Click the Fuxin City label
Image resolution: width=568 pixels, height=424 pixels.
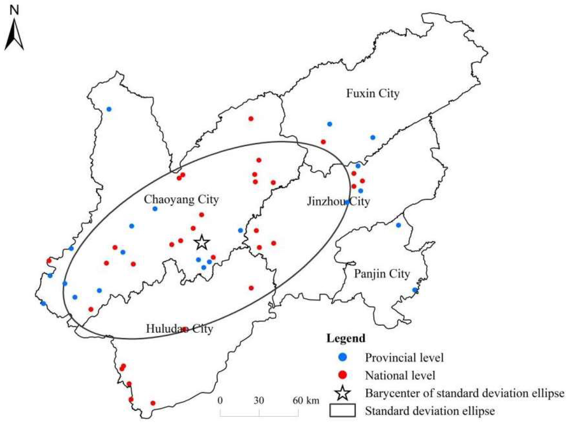click(373, 93)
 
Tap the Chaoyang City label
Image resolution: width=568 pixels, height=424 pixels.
click(181, 199)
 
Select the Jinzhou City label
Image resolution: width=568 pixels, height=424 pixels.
click(338, 202)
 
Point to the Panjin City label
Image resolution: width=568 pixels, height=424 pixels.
click(382, 274)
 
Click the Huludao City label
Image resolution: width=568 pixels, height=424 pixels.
click(179, 329)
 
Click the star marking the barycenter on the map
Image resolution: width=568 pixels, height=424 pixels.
click(202, 242)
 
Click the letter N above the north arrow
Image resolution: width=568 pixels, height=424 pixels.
click(14, 10)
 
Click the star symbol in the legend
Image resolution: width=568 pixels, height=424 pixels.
click(343, 393)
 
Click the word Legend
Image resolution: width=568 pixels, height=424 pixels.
click(346, 338)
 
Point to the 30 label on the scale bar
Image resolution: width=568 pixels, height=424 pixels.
click(259, 400)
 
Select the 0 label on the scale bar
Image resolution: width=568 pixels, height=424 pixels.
click(220, 400)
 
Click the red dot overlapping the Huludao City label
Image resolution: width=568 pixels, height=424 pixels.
click(184, 329)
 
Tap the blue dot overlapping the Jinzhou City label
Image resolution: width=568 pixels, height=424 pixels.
click(347, 202)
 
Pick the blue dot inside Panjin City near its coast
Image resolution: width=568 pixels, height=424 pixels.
click(415, 290)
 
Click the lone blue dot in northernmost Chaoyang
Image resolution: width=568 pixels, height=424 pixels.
click(109, 109)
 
